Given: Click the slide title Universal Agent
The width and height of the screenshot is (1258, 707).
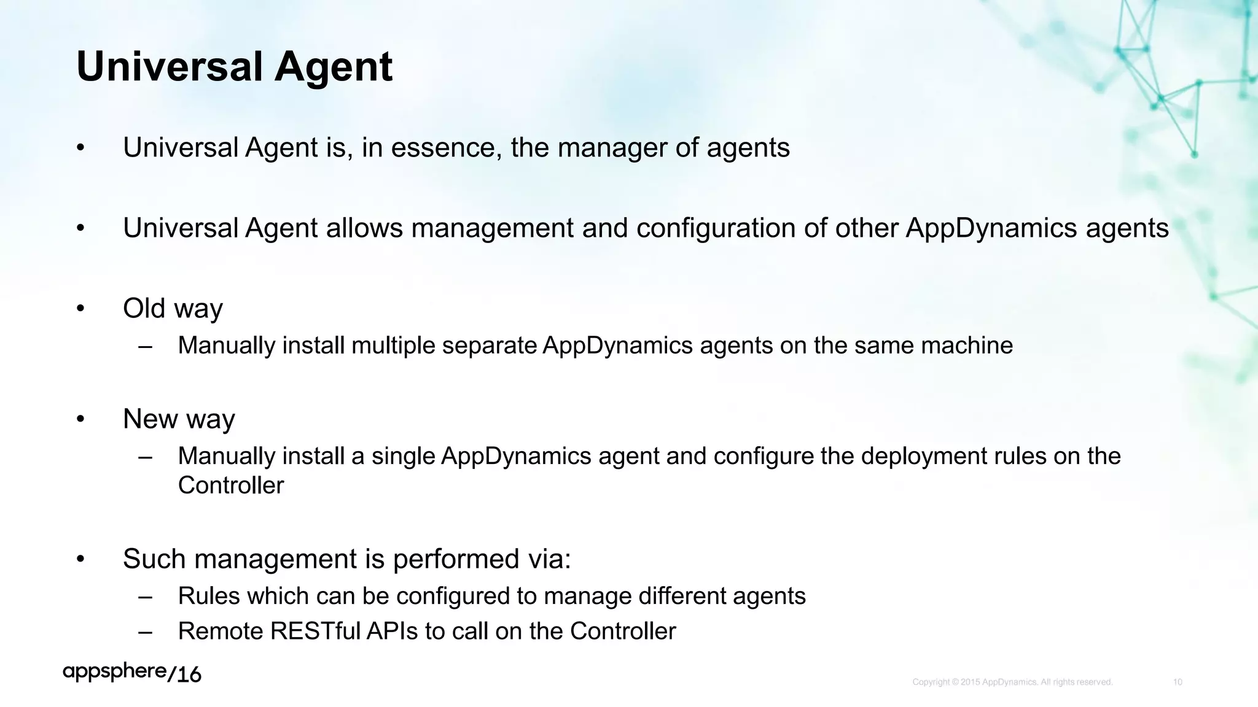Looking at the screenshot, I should coord(234,66).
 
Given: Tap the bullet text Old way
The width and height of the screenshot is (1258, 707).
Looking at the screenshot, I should coord(173,308).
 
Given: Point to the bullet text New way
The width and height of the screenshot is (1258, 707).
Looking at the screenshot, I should coord(179,419).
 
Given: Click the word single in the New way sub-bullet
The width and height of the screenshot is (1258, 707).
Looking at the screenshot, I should coord(402,456).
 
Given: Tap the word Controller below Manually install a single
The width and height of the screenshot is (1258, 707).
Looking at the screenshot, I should coord(231,485).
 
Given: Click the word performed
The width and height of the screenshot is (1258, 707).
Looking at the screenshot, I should coord(455,559).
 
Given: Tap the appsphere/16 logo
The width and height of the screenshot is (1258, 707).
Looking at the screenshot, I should coord(132,673).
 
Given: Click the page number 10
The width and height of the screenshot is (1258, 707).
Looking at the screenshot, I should coord(1177,682).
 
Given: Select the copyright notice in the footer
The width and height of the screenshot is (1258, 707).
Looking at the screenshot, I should coord(1012,682).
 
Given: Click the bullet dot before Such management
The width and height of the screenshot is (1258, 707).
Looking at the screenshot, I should coord(80,559).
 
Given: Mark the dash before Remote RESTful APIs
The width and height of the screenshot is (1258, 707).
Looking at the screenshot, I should coord(146,631).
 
